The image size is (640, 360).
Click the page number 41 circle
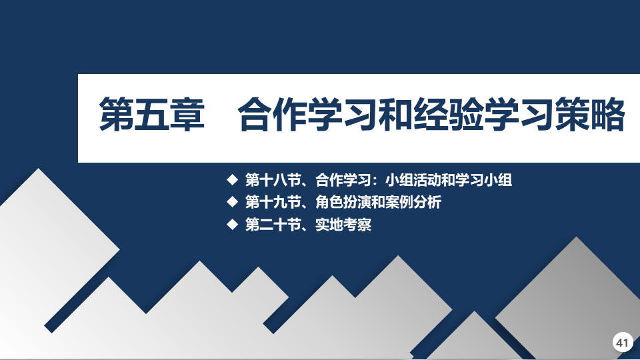pyautogui.click(x=623, y=342)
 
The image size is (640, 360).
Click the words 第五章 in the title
pyautogui.click(x=152, y=114)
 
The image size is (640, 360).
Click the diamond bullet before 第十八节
pyautogui.click(x=232, y=179)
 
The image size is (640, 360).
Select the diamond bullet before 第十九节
pyautogui.click(x=232, y=201)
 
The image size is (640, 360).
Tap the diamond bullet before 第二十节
pyautogui.click(x=232, y=224)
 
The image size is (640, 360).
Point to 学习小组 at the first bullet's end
pyautogui.click(x=484, y=180)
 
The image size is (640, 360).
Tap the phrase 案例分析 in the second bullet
pyautogui.click(x=413, y=202)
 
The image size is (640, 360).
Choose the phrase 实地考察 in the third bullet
pyautogui.click(x=343, y=225)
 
